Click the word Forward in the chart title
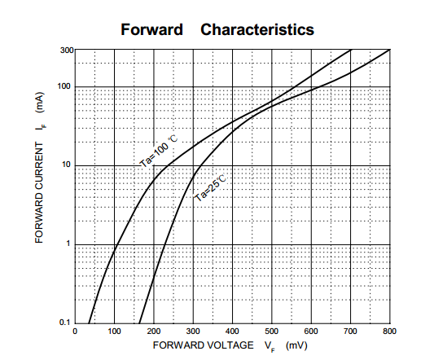pyautogui.click(x=151, y=29)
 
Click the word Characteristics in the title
pyautogui.click(x=257, y=29)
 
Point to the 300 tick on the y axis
pyautogui.click(x=67, y=50)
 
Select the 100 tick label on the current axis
pyautogui.click(x=64, y=86)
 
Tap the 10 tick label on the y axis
pyautogui.click(x=66, y=165)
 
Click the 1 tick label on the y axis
pyautogui.click(x=68, y=244)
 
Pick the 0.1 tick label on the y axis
pyautogui.click(x=65, y=323)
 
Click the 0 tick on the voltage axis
pyautogui.click(x=75, y=331)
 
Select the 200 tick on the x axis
pyautogui.click(x=154, y=331)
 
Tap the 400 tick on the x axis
pyautogui.click(x=232, y=331)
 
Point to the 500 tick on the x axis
pyautogui.click(x=271, y=331)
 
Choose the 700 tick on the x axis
pyautogui.click(x=350, y=331)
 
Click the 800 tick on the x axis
pyautogui.click(x=389, y=331)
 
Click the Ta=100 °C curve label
pyautogui.click(x=159, y=151)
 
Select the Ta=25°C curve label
pyautogui.click(x=209, y=188)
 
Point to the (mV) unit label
pyautogui.click(x=296, y=345)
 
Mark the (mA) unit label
pyautogui.click(x=40, y=103)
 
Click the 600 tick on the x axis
pyautogui.click(x=311, y=331)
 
